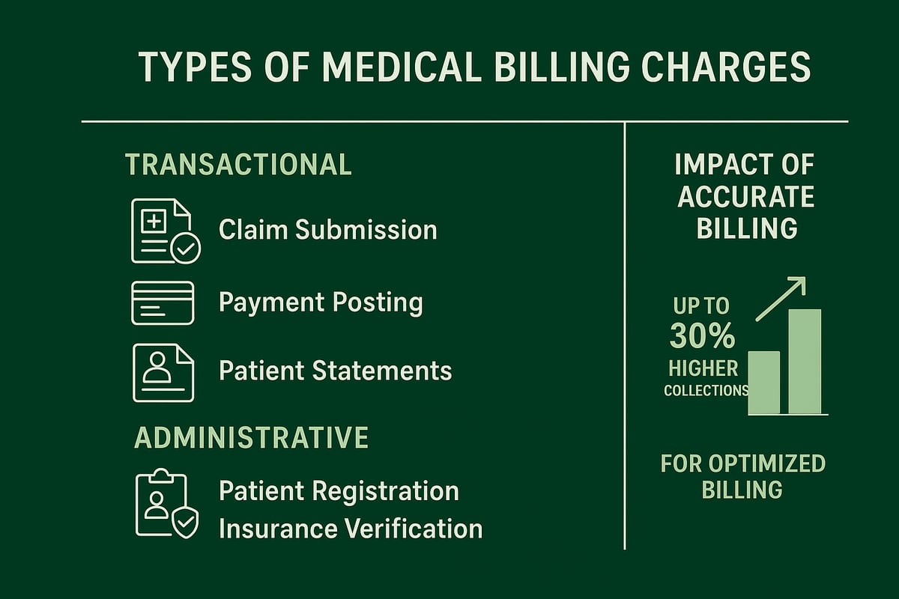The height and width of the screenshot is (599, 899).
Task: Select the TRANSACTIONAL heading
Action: [x=238, y=165]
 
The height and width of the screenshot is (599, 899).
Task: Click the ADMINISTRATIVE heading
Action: [x=251, y=438]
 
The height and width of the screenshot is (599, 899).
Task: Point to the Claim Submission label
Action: [x=327, y=230]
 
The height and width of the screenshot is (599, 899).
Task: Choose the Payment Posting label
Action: [x=321, y=302]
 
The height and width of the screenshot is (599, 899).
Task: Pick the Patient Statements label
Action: [x=335, y=371]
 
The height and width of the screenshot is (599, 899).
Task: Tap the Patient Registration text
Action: [x=339, y=491]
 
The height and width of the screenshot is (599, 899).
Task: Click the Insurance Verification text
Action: [x=350, y=529]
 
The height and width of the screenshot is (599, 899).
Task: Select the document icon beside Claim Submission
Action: [x=165, y=231]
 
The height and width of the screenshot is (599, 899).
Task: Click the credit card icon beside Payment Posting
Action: [x=163, y=302]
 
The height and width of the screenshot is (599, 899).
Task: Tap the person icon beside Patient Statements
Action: [x=163, y=372]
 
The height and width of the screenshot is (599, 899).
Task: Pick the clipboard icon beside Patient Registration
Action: [x=166, y=503]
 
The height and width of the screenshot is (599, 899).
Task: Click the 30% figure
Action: [x=702, y=337]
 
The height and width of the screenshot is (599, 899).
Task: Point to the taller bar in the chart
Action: [x=805, y=362]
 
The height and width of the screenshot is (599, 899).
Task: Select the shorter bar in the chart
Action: [x=764, y=383]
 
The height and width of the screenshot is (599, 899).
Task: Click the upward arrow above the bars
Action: [x=781, y=298]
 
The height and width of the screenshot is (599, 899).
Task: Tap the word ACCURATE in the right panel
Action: [x=745, y=197]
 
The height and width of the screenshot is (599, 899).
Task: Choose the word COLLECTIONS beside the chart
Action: [x=706, y=391]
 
